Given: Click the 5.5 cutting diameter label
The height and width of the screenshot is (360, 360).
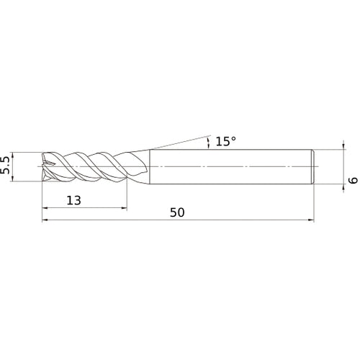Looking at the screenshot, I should [x=6, y=167].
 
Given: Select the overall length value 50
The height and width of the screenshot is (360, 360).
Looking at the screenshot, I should [x=179, y=212].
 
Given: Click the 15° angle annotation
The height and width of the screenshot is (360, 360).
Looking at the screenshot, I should [x=225, y=142].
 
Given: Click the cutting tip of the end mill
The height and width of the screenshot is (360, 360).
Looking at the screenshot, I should [x=45, y=166].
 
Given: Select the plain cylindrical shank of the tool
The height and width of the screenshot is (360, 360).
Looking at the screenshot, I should [x=230, y=166].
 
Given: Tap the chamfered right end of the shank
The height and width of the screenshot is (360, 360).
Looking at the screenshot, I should [x=313, y=166].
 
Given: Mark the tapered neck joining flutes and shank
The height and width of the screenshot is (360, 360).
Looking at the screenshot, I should [x=140, y=166].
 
